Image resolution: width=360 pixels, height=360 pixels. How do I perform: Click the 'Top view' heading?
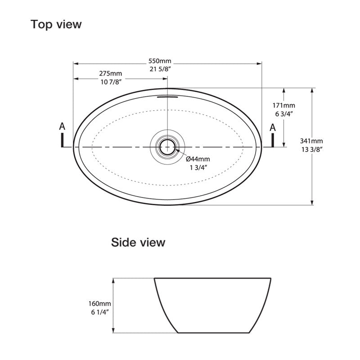[56, 24]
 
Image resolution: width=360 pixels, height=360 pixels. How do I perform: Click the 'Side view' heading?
[138, 243]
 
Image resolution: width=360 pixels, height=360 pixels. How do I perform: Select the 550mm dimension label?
[160, 61]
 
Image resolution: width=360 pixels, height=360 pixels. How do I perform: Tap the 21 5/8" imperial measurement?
[160, 69]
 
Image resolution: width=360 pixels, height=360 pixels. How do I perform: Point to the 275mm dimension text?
[110, 73]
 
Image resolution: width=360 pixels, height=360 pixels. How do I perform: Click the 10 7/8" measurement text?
[110, 81]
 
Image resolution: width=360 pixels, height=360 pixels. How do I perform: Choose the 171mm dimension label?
[283, 105]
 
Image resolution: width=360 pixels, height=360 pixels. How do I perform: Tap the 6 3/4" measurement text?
[283, 114]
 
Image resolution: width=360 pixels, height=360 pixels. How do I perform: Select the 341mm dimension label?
[312, 141]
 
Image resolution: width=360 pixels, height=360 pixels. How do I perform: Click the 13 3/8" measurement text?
[312, 149]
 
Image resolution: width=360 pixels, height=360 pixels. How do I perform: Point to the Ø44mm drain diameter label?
[198, 158]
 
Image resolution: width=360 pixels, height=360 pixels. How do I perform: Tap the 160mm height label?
[100, 304]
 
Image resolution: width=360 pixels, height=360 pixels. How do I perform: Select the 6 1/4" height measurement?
[100, 312]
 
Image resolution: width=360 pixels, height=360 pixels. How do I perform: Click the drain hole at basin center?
[167, 146]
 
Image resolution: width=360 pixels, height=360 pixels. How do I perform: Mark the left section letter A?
[63, 127]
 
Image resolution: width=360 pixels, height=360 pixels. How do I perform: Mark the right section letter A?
[272, 127]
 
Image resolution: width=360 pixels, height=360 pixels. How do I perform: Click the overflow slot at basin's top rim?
[167, 95]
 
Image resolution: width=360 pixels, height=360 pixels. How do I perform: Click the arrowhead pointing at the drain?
[177, 151]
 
